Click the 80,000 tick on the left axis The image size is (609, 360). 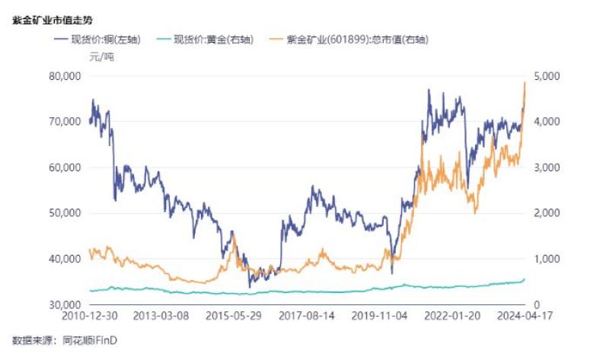tap(65, 76)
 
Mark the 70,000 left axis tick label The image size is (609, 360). tap(65, 122)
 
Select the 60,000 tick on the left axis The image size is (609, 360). tap(65, 167)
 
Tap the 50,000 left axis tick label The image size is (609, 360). tap(65, 213)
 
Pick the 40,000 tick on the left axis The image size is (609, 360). tap(65, 259)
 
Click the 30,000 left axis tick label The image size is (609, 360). tap(65, 304)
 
